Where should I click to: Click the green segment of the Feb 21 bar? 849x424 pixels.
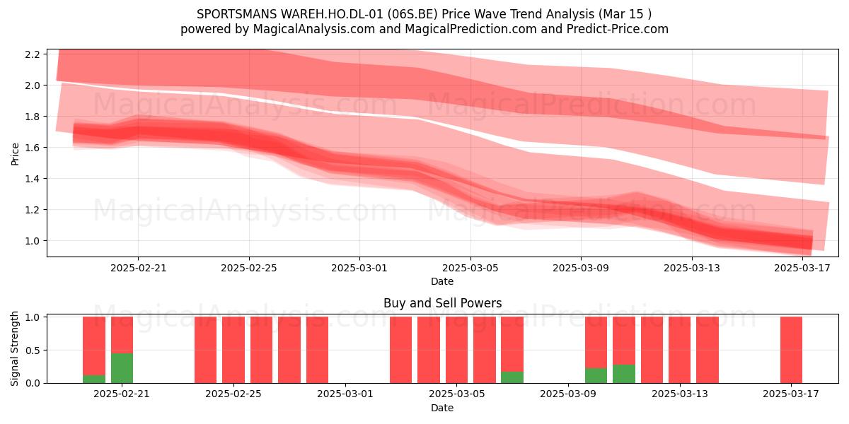[x=122, y=368]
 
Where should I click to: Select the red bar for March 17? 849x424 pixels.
[x=792, y=350]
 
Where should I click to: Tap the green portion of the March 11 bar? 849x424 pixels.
[x=624, y=374]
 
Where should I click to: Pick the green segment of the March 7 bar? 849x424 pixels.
[x=512, y=377]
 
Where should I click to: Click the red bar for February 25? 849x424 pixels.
[x=233, y=350]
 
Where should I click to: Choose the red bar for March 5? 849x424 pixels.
[x=456, y=350]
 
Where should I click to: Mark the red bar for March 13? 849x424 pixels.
[x=680, y=350]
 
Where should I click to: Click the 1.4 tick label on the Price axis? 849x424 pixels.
[x=33, y=178]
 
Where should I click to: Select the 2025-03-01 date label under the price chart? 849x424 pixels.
[x=359, y=268]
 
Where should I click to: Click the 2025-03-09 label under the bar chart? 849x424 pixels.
[x=567, y=394]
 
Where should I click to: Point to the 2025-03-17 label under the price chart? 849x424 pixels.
[x=802, y=268]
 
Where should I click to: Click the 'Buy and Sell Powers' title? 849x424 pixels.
[x=443, y=303]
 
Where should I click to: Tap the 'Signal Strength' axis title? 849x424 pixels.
[x=14, y=348]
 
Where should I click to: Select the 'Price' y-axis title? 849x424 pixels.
[x=15, y=154]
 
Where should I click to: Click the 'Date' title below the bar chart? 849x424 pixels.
[x=442, y=408]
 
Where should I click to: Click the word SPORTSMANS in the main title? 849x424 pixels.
[x=237, y=14]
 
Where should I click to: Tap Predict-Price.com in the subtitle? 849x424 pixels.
[x=618, y=29]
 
